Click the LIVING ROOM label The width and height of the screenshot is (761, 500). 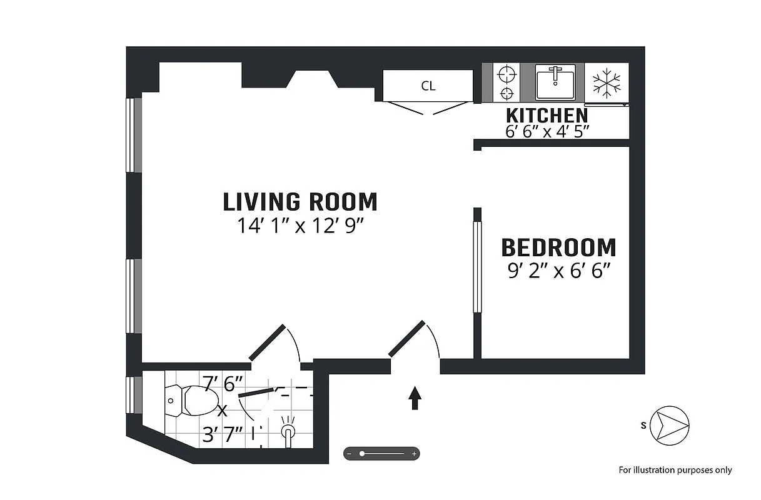coord(300,202)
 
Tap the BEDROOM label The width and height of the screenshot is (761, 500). coord(558,247)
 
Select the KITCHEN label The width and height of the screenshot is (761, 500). coord(547,116)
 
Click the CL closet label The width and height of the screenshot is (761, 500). coord(428,86)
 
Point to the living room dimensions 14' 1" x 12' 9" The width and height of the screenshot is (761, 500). coord(300,226)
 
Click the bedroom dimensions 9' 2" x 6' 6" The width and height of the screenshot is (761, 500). coord(558,271)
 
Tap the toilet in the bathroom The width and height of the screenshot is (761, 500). coord(192,401)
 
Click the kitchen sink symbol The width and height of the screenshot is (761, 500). coord(555,82)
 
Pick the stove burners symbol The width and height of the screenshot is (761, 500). coord(506,83)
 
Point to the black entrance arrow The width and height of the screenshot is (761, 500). coord(414,398)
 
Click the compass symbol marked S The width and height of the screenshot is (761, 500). coord(670,426)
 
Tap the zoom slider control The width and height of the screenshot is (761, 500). coord(381,453)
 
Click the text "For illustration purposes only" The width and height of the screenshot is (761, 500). coord(675,470)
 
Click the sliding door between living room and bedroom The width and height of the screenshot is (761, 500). coord(477,267)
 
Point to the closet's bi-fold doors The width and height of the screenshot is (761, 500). coord(428,108)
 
